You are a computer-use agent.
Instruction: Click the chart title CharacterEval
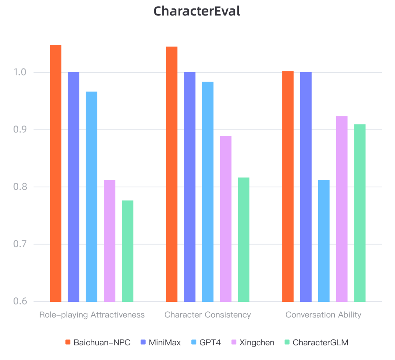[197, 11]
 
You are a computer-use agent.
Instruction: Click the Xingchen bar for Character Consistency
[226, 219]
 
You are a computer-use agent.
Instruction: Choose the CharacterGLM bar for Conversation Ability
[360, 213]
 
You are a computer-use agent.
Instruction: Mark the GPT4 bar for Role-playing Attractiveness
[91, 196]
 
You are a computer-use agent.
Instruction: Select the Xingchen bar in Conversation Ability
[342, 209]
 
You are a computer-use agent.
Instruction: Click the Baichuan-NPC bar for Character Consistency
[172, 174]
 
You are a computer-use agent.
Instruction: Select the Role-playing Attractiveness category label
[92, 315]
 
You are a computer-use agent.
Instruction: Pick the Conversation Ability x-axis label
[323, 315]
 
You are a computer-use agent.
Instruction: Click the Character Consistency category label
[207, 315]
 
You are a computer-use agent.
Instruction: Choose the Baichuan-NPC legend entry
[98, 343]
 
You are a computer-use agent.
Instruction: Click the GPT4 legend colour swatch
[194, 343]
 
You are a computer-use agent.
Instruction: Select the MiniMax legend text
[165, 343]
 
